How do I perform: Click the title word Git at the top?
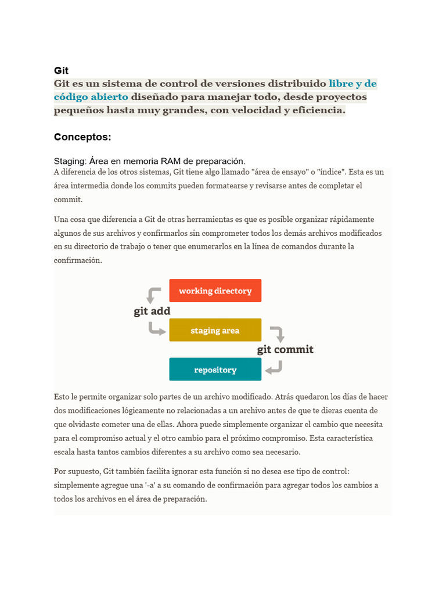[x=61, y=71]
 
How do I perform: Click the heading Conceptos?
[x=82, y=137]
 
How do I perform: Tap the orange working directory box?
[x=215, y=291]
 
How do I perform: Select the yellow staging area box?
[x=215, y=330]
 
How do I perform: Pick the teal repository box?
[x=215, y=370]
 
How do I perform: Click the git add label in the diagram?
[x=152, y=311]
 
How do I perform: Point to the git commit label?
[x=285, y=349]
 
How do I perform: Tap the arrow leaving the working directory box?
[x=153, y=295]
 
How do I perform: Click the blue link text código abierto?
[x=91, y=96]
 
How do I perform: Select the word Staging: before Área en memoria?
[x=70, y=161]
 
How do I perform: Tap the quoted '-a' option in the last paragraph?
[x=154, y=485]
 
